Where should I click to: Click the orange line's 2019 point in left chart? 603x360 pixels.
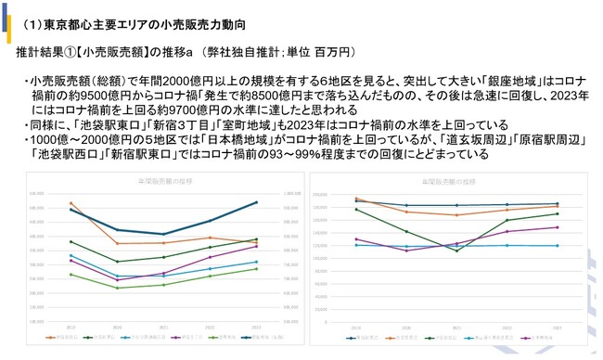[71, 202]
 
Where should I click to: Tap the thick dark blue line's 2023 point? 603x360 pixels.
[257, 202]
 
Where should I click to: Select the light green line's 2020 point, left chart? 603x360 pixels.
[118, 288]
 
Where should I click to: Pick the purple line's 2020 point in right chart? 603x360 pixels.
[406, 251]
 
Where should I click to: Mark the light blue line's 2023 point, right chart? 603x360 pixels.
[557, 246]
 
